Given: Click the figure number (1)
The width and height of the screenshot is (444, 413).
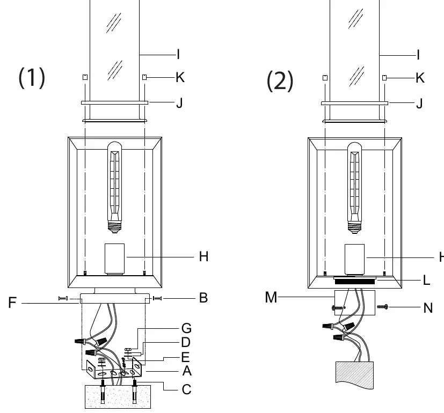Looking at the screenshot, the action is [x=32, y=78].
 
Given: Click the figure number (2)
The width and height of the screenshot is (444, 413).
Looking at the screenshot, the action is [x=280, y=81].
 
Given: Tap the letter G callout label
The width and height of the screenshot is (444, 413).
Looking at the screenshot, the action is [x=186, y=328].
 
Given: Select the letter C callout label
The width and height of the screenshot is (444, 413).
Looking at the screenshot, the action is [x=186, y=389].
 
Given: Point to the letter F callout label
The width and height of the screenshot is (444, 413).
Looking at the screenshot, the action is [x=12, y=303].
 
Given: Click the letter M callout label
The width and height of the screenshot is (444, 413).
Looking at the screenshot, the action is [x=271, y=297].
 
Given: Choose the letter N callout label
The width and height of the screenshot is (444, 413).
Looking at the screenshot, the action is [x=428, y=308].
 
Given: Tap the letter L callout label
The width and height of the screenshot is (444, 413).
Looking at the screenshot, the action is [x=426, y=281].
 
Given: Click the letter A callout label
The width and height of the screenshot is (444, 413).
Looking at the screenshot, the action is [x=187, y=371].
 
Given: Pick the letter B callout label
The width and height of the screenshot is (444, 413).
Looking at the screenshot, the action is [x=203, y=298].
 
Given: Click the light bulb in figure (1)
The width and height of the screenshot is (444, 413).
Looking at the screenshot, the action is [x=115, y=187].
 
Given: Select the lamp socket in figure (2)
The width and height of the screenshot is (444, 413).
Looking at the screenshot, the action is [x=354, y=260].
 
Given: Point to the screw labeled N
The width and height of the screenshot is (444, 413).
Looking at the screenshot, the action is [x=383, y=307].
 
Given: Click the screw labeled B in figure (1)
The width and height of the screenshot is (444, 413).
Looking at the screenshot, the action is [x=157, y=298].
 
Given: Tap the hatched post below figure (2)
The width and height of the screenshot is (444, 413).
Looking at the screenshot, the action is [x=354, y=375].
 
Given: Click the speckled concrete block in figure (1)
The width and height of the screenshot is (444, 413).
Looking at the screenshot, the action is [x=118, y=396].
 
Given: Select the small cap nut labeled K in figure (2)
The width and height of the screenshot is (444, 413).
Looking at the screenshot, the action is [x=384, y=78].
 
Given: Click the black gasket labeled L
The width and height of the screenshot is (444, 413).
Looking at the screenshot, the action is [x=354, y=282].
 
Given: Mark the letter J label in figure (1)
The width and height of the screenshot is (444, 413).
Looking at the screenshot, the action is [x=179, y=103].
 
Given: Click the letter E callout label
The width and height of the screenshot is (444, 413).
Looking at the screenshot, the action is [x=185, y=357].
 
